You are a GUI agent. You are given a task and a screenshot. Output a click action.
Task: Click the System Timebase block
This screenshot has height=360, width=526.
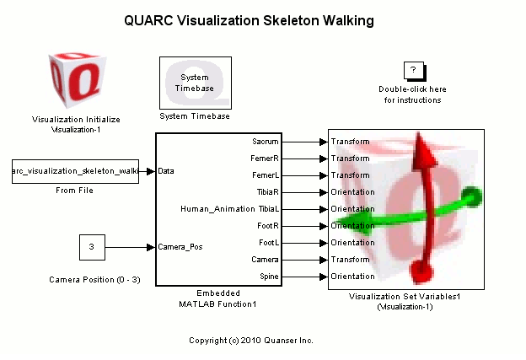click(195, 83)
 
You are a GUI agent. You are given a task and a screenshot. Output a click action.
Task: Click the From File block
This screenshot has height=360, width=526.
click(75, 172)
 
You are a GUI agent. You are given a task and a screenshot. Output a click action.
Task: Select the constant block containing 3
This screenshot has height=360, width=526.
click(92, 247)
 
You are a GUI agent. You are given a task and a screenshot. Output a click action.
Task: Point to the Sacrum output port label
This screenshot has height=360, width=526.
click(266, 142)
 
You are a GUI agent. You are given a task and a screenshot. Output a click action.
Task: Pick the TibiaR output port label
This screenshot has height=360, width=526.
click(267, 192)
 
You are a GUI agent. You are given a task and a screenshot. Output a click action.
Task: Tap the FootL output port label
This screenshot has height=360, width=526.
click(268, 243)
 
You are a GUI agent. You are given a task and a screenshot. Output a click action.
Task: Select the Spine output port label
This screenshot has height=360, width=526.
click(269, 277)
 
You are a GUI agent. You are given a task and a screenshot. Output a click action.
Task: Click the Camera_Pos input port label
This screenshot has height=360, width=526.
click(180, 247)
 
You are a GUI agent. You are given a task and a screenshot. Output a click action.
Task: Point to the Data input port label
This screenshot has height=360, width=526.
click(166, 172)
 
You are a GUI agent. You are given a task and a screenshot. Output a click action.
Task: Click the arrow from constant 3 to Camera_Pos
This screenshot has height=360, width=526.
click(130, 247)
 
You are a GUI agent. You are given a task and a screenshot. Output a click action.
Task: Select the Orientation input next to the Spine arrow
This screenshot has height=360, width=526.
click(353, 277)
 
